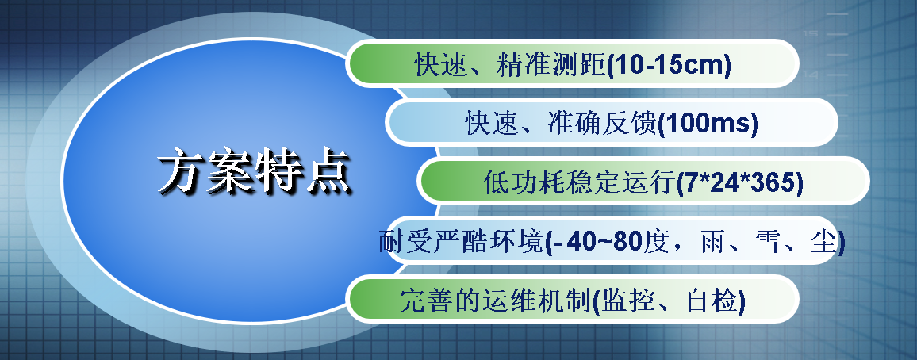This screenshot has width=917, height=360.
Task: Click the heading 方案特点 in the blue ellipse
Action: pyautogui.click(x=255, y=171)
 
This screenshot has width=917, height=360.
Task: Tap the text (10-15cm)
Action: pyautogui.click(x=669, y=65)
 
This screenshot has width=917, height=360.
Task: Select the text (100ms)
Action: pyautogui.click(x=708, y=124)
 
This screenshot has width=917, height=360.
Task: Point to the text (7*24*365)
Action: pyautogui.click(x=740, y=183)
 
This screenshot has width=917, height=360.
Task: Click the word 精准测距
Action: pyautogui.click(x=551, y=65)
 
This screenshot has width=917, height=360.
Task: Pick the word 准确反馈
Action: pyautogui.click(x=602, y=124)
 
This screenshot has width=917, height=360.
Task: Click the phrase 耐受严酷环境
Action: pyautogui.click(x=462, y=241)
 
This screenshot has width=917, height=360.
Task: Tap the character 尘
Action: pyautogui.click(x=823, y=241)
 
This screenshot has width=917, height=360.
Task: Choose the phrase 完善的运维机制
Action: pyautogui.click(x=495, y=301)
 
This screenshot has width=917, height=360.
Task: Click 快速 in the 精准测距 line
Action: pyautogui.click(x=442, y=65)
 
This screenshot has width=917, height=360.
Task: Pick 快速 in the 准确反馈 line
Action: pyautogui.click(x=493, y=124)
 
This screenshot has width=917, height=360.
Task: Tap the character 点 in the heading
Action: pyautogui.click(x=328, y=171)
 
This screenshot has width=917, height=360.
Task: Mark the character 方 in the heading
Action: pyautogui.click(x=180, y=171)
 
